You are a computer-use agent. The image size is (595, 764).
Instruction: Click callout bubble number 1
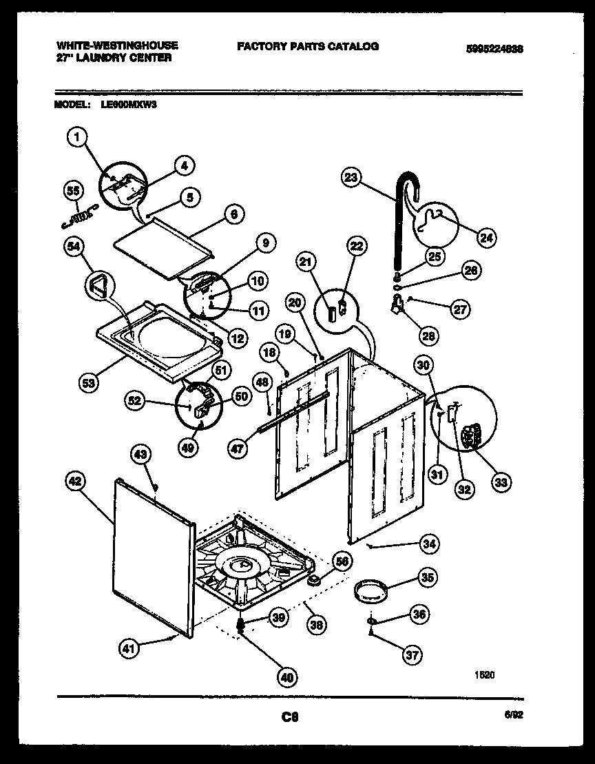coord(77,139)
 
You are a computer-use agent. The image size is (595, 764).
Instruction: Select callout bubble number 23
coord(352,177)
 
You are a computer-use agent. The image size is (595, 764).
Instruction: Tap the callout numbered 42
coord(76,482)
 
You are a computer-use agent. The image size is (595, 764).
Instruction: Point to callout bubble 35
coord(427,578)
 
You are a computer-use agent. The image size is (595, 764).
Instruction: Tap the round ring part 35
coord(368,591)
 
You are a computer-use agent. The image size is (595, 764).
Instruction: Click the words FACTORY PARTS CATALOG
coord(307,46)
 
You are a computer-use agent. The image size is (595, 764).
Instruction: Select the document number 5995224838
coord(494,50)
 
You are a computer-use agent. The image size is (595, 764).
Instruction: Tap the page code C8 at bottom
coord(290,717)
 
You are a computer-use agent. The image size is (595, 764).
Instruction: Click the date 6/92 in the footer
coord(514,716)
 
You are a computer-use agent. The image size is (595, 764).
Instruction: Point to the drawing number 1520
coord(485,676)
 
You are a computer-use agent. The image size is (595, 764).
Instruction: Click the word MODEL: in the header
coord(72,105)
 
